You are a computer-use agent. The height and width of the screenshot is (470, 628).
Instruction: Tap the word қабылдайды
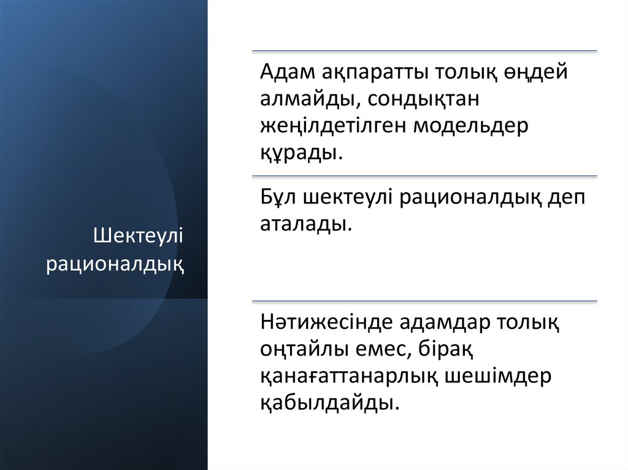tap(324, 403)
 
